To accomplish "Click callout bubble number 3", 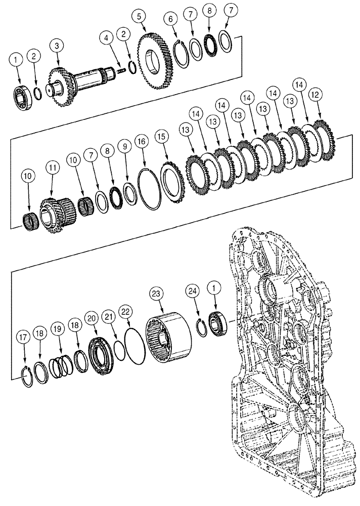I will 57,46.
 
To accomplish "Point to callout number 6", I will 170,19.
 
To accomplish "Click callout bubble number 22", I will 125,310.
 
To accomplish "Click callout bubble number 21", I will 107,317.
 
